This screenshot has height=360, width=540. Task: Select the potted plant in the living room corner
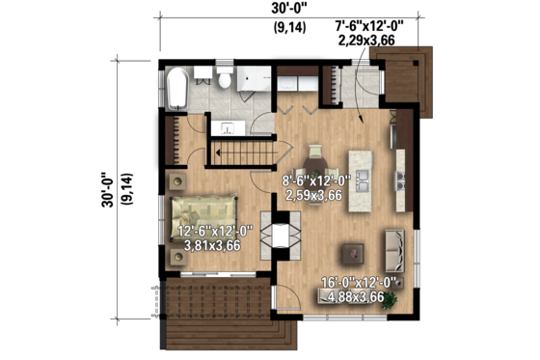(x=390, y=299)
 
